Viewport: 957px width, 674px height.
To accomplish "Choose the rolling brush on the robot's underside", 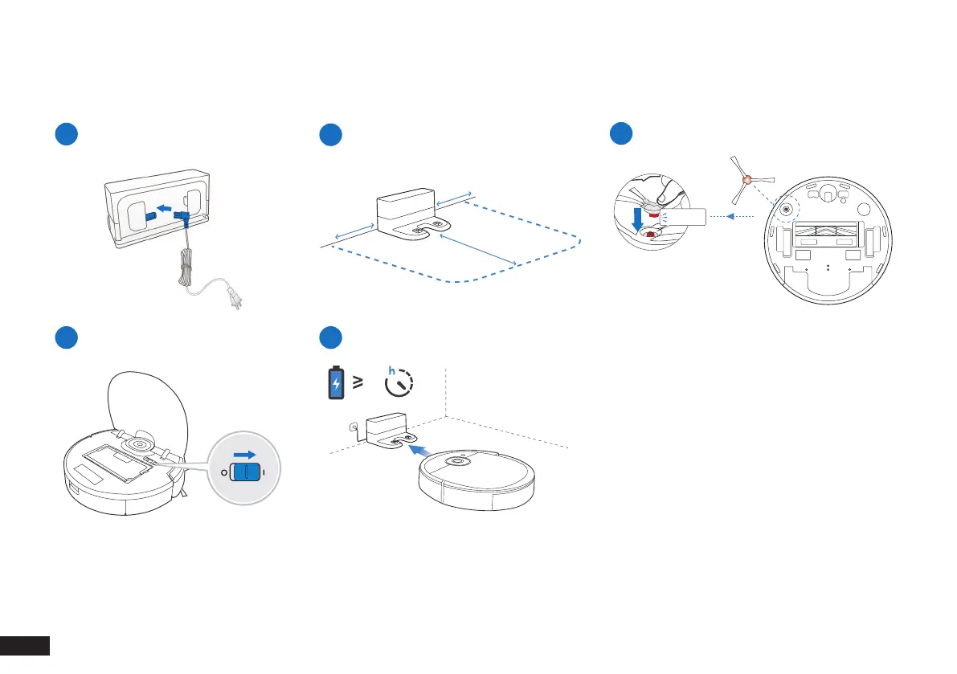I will coord(825,231).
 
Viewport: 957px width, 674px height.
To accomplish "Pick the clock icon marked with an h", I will coord(399,383).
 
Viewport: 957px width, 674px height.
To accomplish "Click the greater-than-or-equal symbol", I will coord(358,384).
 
